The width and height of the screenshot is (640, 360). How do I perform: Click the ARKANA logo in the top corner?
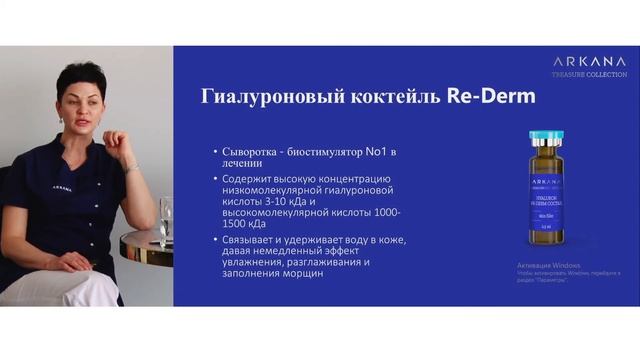(x=585, y=59)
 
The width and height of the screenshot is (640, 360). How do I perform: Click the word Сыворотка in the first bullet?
(x=252, y=153)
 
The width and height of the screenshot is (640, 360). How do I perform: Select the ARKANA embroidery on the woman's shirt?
(x=62, y=187)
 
